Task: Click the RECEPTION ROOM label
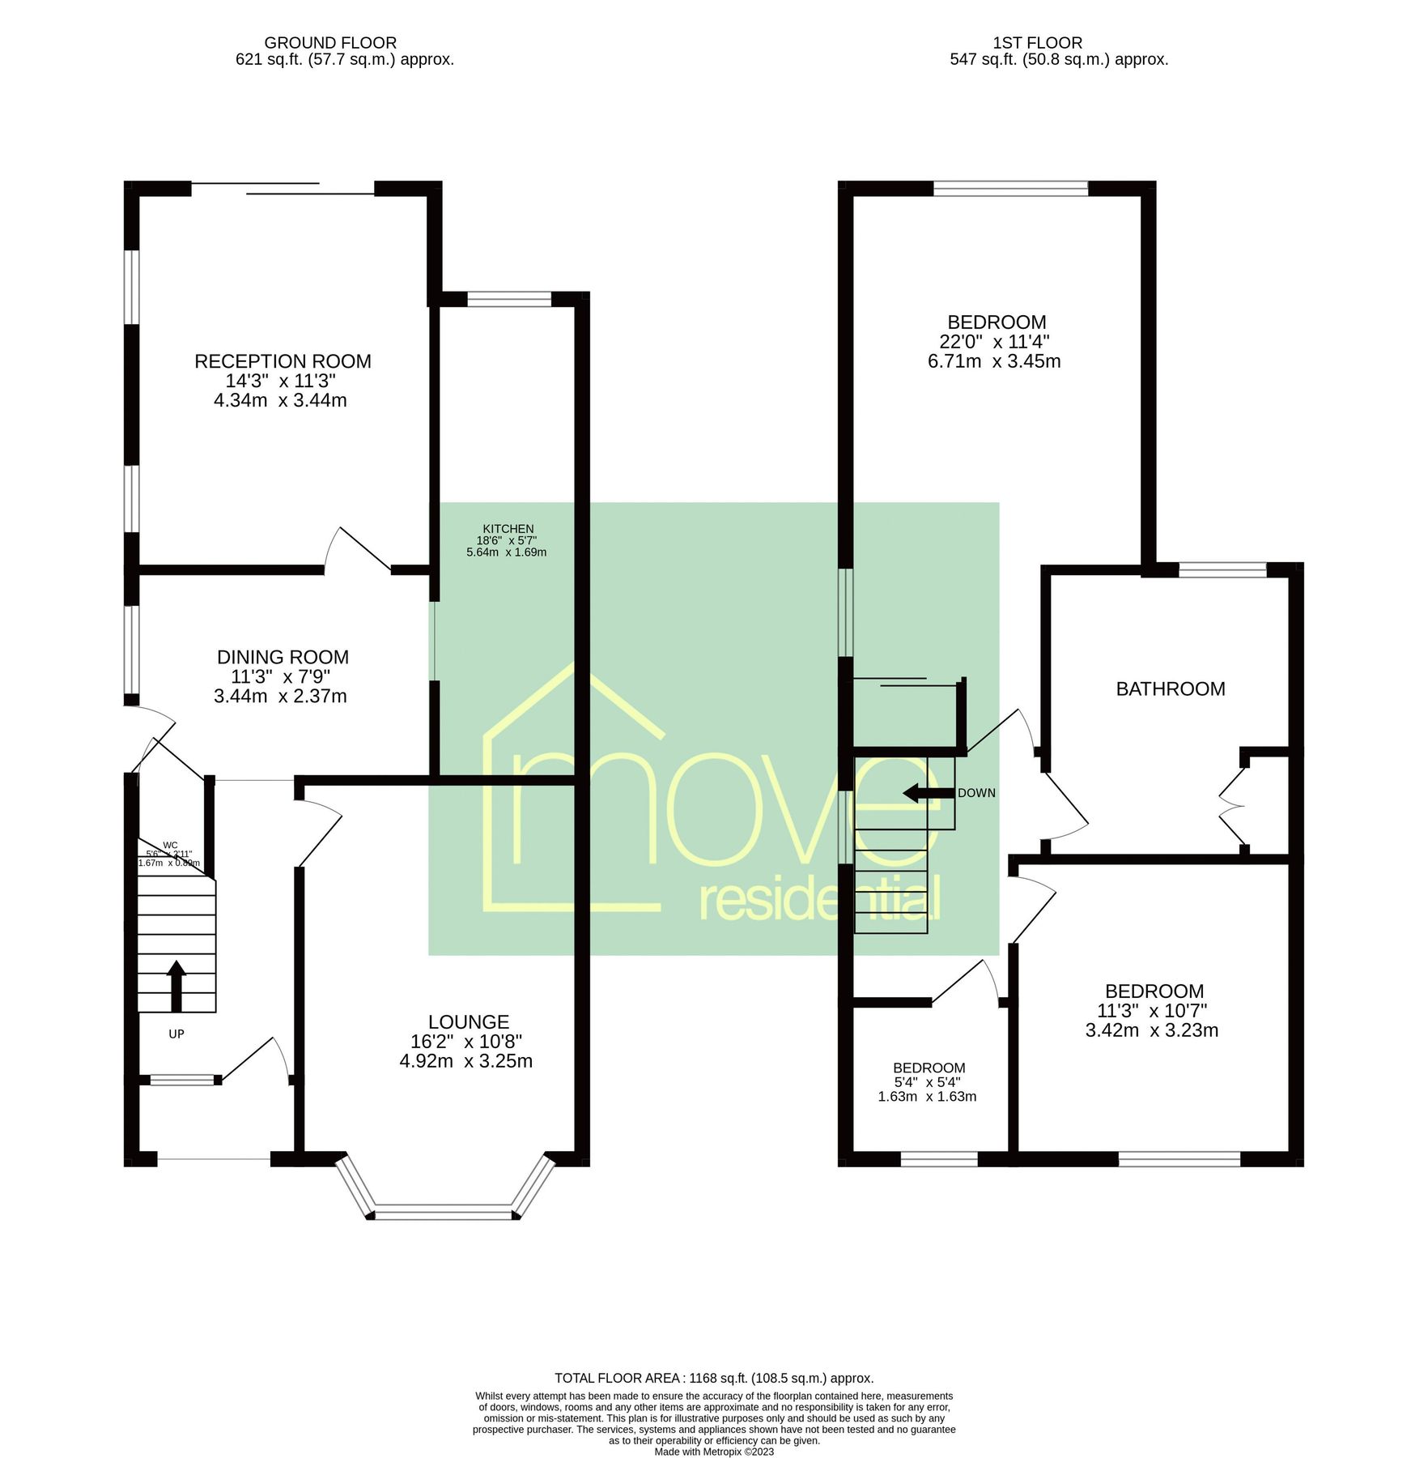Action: tap(283, 361)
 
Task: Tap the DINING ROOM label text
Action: tap(283, 657)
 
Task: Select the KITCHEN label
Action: tap(508, 529)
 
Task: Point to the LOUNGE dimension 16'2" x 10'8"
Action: tap(466, 1042)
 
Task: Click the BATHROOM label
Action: tap(1170, 688)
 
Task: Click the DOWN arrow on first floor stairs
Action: tap(928, 793)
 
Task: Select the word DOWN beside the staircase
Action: tap(976, 793)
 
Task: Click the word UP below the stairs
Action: tap(176, 1034)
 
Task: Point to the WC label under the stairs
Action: tap(170, 846)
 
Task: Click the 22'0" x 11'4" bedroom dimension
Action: tap(994, 342)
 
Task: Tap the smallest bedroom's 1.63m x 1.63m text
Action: tap(927, 1097)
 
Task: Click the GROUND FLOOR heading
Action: tap(330, 42)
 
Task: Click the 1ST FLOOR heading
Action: tap(1037, 42)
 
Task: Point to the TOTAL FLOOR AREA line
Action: tap(713, 1378)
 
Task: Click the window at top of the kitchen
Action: tap(509, 299)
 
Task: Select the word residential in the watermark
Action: tap(819, 901)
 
